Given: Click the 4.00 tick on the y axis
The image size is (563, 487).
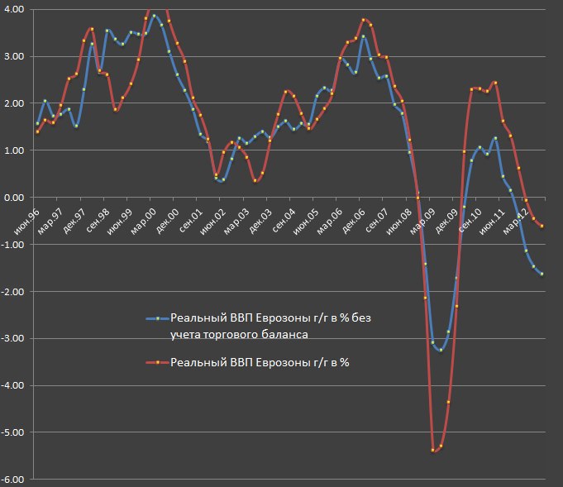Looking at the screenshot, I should coord(14,9).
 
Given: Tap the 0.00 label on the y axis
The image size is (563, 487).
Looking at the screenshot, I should coord(14,198).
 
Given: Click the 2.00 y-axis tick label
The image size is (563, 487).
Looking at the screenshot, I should coord(14,103).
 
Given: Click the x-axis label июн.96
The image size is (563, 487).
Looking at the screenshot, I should coord(31,213).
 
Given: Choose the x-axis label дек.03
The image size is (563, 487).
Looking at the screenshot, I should coord(263,213).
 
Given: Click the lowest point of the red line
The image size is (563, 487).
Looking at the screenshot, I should coord(433,450).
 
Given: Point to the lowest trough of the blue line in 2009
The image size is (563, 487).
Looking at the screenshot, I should coord(441,351).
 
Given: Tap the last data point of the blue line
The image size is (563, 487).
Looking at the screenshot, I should coord(542,274).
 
